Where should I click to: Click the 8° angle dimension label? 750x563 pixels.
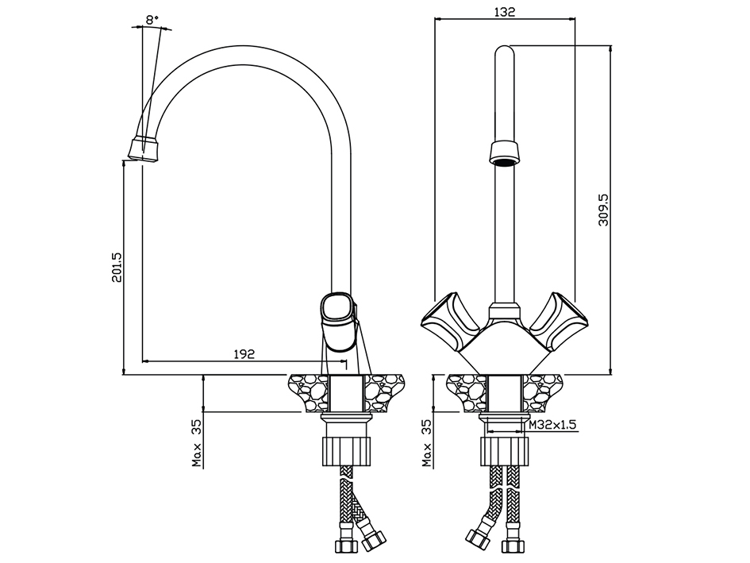152,20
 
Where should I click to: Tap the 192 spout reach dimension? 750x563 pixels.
244,354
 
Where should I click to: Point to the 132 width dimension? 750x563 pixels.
505,11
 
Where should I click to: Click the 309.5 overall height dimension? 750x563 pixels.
603,210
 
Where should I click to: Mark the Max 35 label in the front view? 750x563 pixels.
427,443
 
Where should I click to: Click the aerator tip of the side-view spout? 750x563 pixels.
144,148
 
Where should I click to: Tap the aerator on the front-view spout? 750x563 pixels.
505,152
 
